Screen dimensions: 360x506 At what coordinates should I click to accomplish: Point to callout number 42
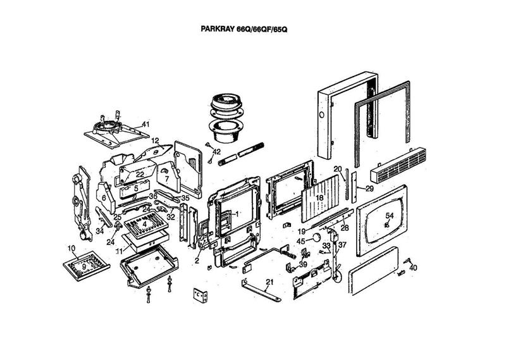pos(216,152)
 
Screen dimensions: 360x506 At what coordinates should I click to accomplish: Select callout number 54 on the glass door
pos(390,216)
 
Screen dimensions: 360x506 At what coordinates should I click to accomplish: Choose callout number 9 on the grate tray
pos(83,267)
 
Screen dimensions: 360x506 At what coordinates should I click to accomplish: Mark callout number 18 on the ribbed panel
pos(319,198)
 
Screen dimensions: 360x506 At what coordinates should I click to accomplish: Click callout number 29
pos(369,189)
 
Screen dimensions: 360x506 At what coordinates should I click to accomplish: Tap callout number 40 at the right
pos(414,268)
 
